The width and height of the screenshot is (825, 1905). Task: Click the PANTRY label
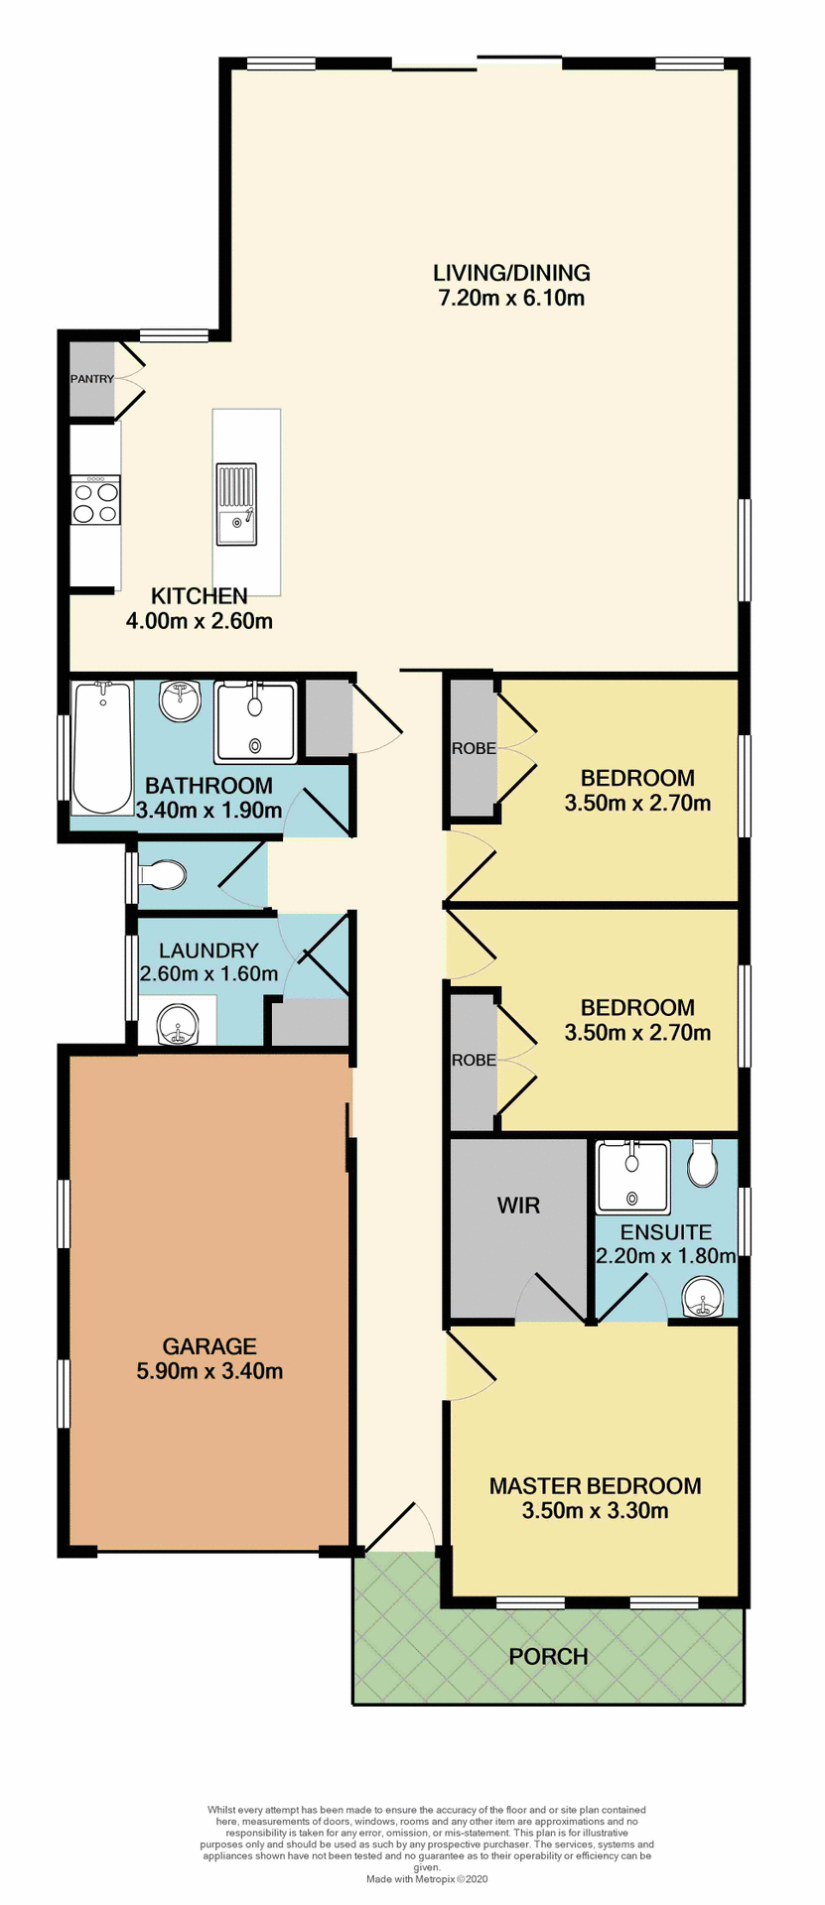coord(91,379)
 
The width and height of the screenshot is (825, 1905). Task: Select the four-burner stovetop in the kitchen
coord(95,500)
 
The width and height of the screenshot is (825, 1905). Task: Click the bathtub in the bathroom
coord(101,746)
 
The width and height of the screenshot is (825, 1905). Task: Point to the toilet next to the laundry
coord(163,876)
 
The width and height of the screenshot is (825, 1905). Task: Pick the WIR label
coord(518,1206)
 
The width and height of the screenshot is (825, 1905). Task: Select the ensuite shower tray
coord(632,1178)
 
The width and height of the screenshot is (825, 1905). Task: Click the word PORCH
coord(548,1656)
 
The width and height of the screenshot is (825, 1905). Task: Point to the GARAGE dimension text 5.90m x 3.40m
coord(209,1371)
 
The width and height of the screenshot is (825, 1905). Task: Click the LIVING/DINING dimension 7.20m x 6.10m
coord(511,298)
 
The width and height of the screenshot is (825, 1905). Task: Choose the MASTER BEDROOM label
coord(595,1485)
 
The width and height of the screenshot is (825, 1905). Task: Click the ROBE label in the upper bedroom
coord(474,748)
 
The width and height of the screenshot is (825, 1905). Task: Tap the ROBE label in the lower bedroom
coord(474,1060)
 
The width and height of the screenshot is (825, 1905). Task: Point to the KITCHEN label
coord(199,596)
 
